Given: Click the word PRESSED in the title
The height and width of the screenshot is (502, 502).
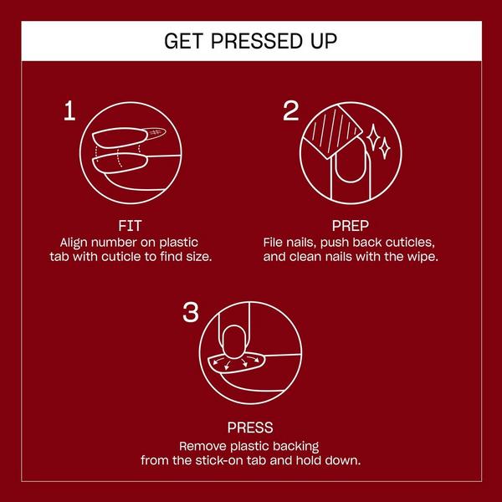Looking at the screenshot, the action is coord(256,41).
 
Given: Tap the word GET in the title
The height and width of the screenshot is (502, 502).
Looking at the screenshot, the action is coord(183,41).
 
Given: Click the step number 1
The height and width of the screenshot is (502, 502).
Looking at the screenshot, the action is coord(69,110).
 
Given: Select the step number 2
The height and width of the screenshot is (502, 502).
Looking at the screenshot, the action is coord(290,110).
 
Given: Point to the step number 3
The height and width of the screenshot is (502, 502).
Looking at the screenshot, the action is coord(191,312).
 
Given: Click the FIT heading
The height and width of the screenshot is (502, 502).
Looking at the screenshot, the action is coord(130,226).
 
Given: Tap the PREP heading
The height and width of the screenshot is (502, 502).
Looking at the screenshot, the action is coord(351,226).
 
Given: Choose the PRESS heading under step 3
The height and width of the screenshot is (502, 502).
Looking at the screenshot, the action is coord(250,428).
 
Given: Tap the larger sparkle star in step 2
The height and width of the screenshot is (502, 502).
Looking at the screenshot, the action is coord(373,137).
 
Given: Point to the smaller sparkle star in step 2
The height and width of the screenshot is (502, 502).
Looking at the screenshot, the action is coord(385,149).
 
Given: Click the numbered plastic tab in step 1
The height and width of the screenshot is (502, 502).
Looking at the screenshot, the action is coord(156,133).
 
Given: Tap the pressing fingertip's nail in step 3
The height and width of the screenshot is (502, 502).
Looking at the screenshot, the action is coord(234,342).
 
